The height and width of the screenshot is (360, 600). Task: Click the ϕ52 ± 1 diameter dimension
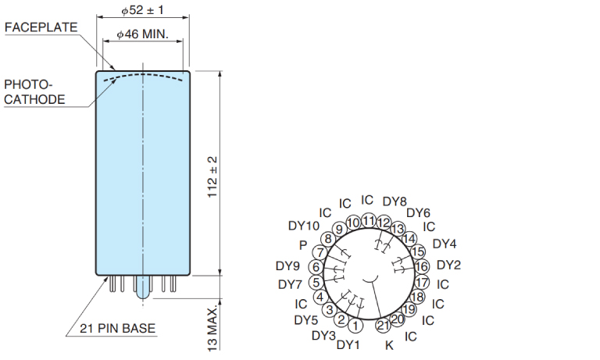(x=142, y=10)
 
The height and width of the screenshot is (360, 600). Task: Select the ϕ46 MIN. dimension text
(x=142, y=34)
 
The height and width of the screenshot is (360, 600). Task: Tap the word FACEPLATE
(x=41, y=27)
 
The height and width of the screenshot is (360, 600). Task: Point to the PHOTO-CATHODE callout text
(x=34, y=92)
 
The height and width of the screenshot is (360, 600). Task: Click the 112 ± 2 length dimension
(x=212, y=176)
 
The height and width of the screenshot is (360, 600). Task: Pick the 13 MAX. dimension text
(x=212, y=328)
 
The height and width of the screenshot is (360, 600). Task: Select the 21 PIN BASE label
(x=117, y=328)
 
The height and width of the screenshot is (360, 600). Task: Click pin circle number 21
(x=383, y=325)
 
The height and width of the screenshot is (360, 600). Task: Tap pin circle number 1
(x=355, y=326)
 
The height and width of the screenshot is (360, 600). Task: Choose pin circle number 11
(x=369, y=221)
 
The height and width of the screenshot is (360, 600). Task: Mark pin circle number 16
(x=421, y=266)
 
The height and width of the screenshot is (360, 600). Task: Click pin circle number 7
(x=320, y=252)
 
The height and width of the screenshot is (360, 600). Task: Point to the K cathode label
(x=389, y=345)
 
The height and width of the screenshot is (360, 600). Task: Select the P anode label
(x=303, y=245)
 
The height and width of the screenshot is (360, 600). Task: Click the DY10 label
(x=304, y=226)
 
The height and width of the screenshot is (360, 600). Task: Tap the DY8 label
(x=395, y=201)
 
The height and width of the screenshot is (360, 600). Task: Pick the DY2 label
(x=449, y=265)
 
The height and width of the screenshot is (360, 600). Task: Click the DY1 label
(x=348, y=344)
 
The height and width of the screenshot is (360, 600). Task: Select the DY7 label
(x=290, y=284)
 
